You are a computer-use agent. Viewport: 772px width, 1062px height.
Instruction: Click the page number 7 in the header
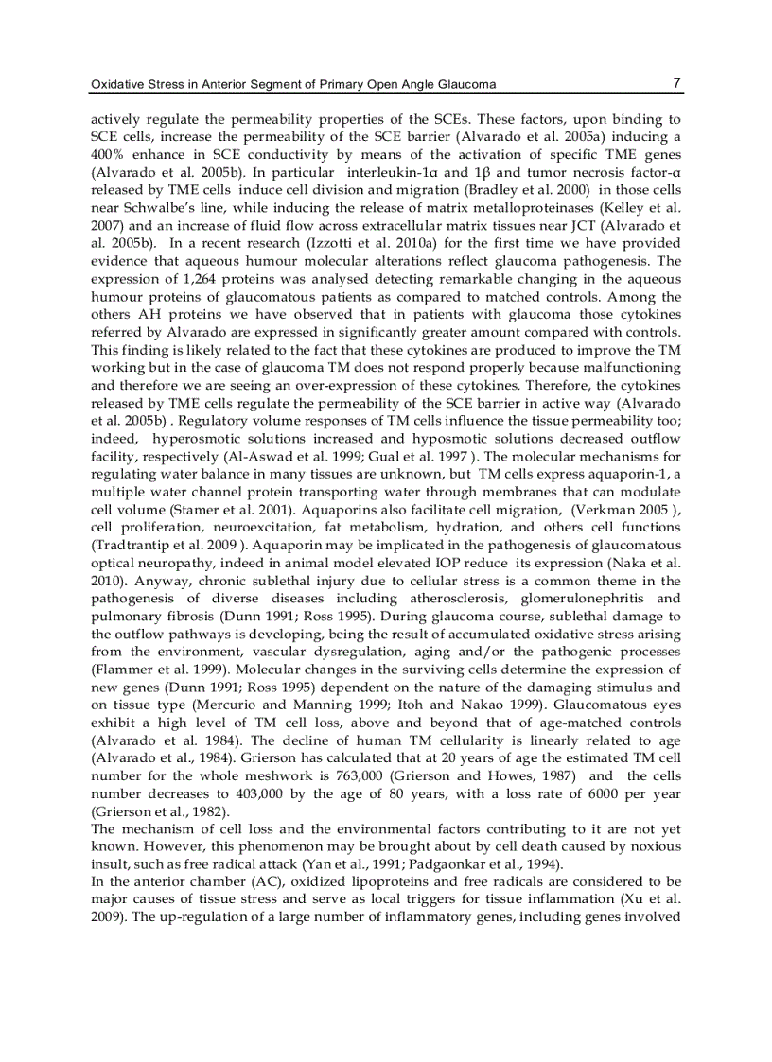(x=676, y=83)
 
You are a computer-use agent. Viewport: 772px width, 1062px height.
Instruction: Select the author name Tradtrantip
(x=130, y=545)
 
